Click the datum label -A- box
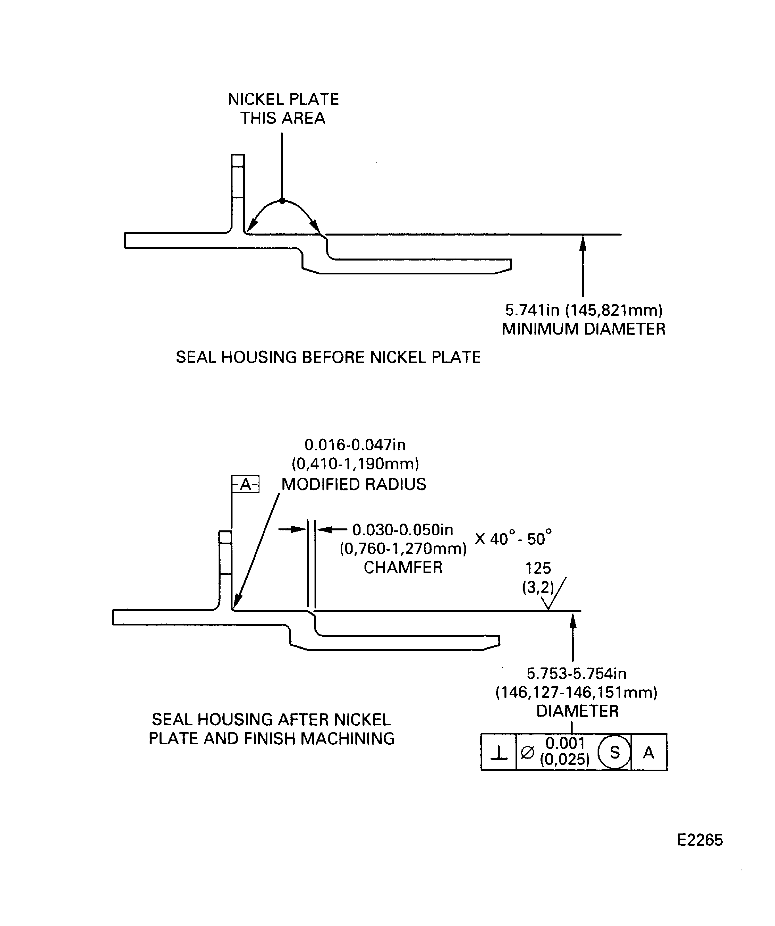(x=245, y=485)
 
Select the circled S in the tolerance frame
(x=614, y=752)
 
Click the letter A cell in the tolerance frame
(x=648, y=752)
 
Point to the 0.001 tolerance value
(x=565, y=744)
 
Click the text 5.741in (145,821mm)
(x=584, y=310)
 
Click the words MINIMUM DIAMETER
(x=584, y=329)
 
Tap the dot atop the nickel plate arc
(x=282, y=201)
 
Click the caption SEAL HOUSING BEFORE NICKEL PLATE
(x=328, y=357)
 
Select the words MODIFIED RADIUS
(x=354, y=485)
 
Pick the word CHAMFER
(x=403, y=568)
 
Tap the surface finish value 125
(x=538, y=568)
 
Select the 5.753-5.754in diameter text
(x=577, y=674)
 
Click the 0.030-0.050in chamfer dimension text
(x=403, y=530)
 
